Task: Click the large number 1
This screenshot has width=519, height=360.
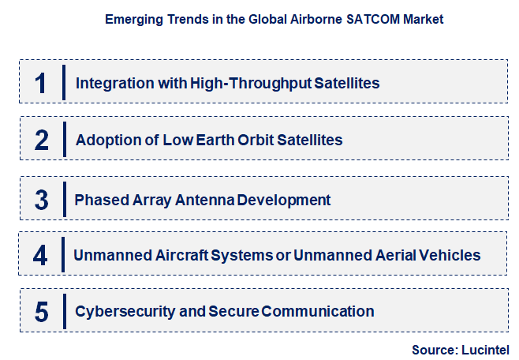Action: (x=41, y=83)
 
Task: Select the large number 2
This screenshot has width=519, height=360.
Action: (x=42, y=140)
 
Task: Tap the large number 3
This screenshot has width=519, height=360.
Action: (x=42, y=200)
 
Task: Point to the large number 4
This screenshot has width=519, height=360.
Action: (x=41, y=256)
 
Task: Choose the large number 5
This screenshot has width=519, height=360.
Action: (x=42, y=311)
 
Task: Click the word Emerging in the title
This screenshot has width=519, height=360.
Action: (x=132, y=18)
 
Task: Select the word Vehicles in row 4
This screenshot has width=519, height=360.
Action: (x=451, y=256)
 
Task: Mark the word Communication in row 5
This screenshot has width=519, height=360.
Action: (x=322, y=311)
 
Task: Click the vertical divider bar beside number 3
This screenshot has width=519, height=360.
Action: (x=63, y=198)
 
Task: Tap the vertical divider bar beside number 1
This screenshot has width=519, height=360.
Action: (x=63, y=82)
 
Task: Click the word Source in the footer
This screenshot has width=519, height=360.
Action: (x=431, y=349)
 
